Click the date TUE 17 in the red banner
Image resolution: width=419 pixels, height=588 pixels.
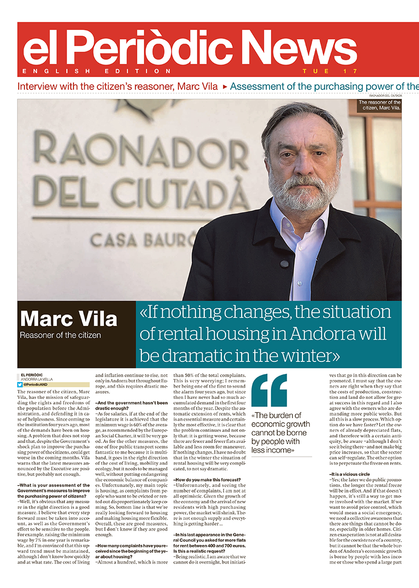[330, 71]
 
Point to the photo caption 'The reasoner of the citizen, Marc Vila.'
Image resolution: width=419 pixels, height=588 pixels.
[379, 105]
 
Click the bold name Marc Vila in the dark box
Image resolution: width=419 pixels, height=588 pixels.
[68, 319]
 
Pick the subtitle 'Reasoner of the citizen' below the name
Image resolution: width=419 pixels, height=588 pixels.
[60, 335]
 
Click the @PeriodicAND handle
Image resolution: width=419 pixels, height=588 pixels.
[35, 385]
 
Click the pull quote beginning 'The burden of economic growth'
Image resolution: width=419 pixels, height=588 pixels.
[280, 432]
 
